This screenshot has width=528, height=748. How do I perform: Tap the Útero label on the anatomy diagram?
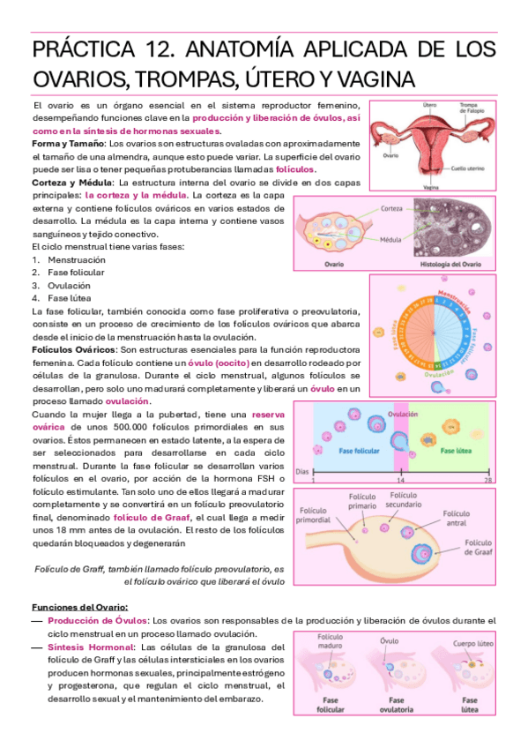[x=429, y=104]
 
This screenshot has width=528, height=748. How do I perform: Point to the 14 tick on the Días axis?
[x=399, y=482]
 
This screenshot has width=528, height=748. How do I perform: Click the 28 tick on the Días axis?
[x=487, y=482]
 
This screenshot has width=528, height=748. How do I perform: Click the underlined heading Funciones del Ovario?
[x=79, y=607]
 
